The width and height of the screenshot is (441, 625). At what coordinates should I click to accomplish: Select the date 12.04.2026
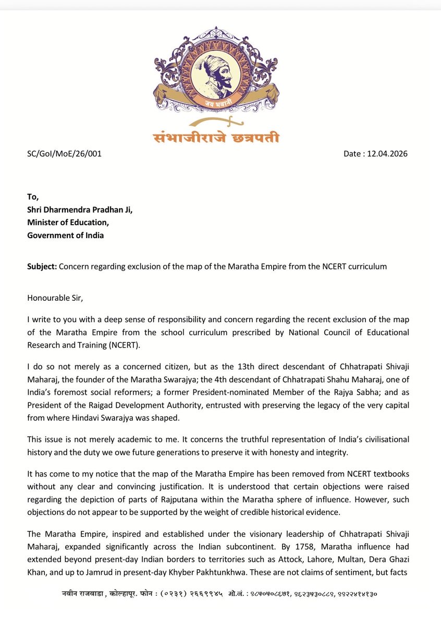376,154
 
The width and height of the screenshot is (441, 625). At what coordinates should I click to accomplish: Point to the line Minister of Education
68,222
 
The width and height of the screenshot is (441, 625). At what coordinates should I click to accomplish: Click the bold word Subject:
42,266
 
